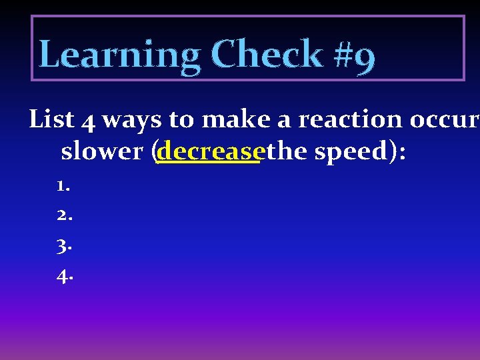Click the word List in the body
[x=52, y=120]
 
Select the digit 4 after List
[x=89, y=121]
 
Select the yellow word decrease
[x=208, y=152]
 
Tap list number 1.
[x=63, y=186]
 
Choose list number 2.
[x=63, y=215]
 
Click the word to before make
[x=180, y=121]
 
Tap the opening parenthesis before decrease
[x=154, y=153]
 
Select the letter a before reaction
[x=285, y=122]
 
